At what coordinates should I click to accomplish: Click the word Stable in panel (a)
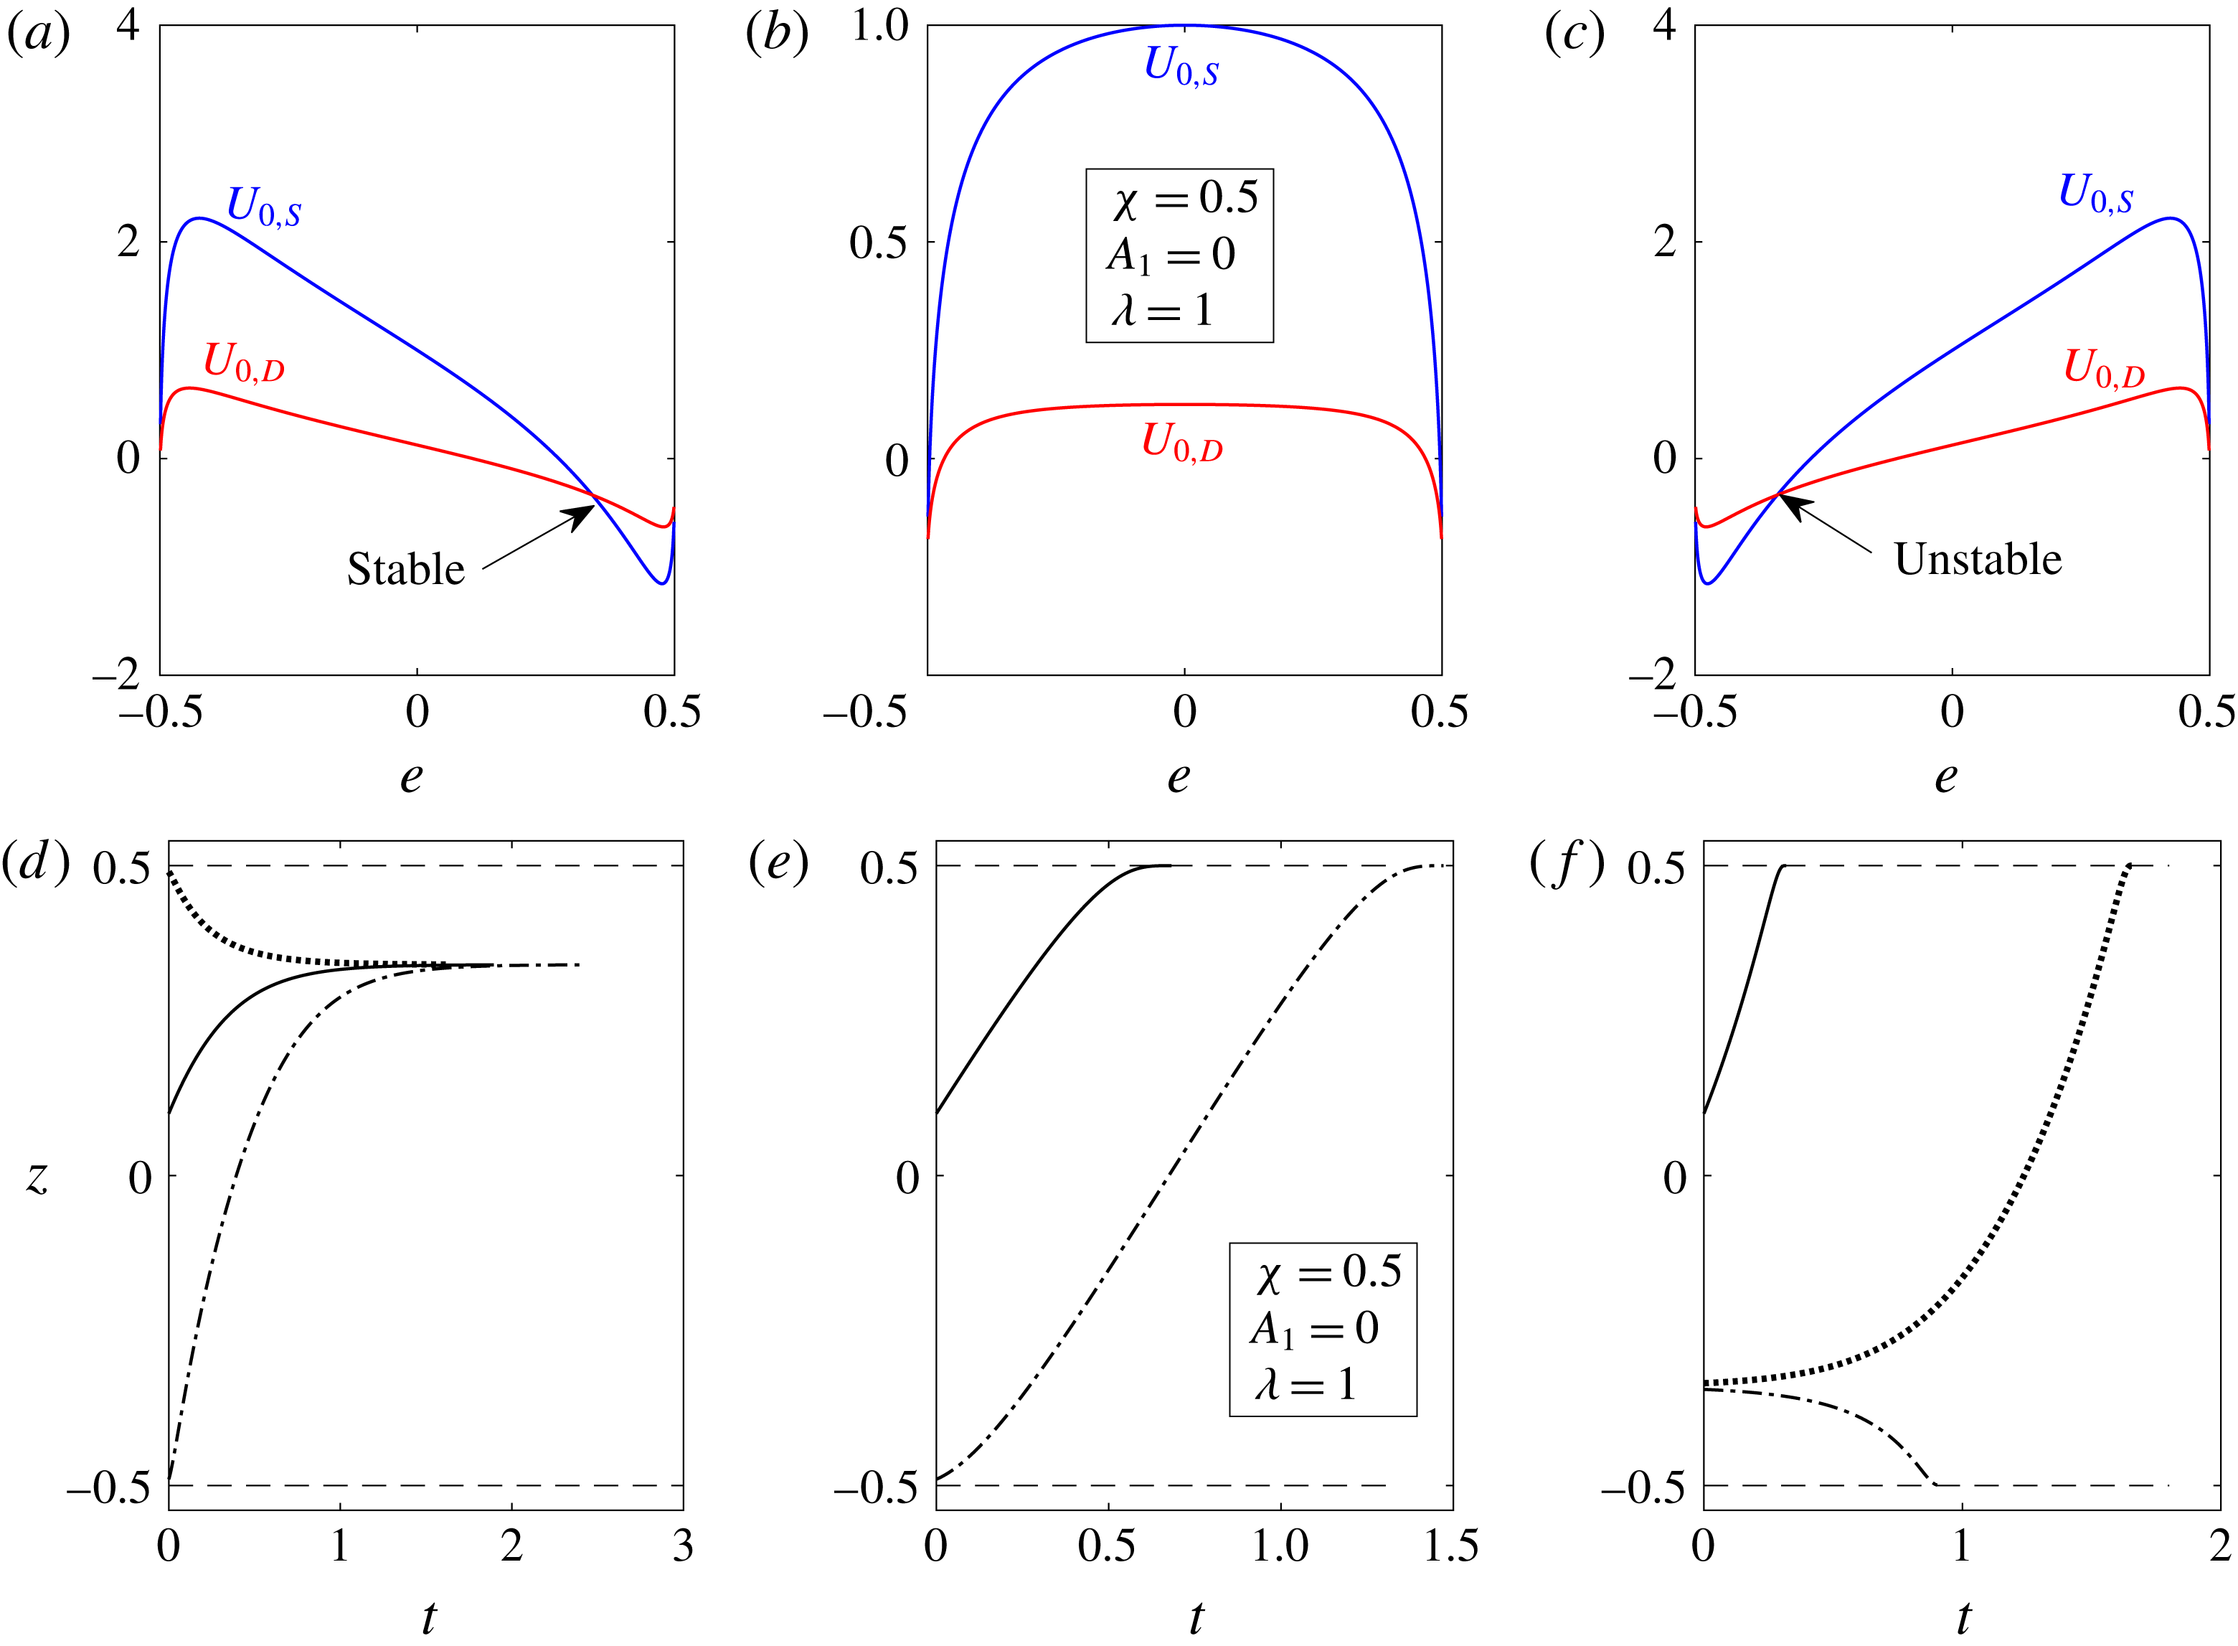point(405,570)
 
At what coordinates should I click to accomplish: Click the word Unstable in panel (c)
point(1977,560)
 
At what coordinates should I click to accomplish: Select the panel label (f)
point(1567,863)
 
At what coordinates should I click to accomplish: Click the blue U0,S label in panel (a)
point(264,205)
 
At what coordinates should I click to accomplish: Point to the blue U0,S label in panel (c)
point(2095,192)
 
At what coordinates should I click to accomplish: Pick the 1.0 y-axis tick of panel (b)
point(879,27)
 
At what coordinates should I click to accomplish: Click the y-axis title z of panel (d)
point(38,1177)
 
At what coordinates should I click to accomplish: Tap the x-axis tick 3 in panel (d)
point(682,1546)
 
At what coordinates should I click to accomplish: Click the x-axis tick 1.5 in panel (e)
point(1450,1546)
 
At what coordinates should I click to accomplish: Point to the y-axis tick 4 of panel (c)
point(1664,26)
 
